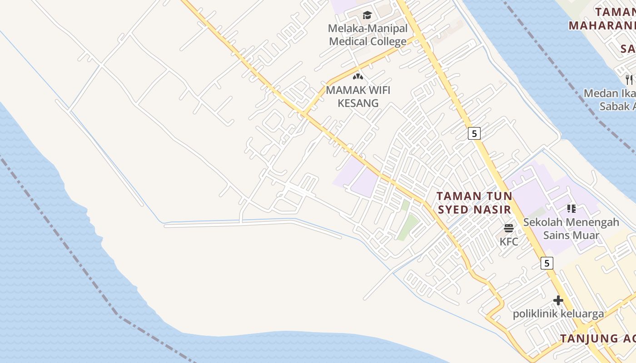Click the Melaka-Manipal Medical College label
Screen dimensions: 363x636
(368, 35)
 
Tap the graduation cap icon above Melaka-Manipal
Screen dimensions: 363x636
(367, 15)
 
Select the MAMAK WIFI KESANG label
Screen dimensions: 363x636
(358, 96)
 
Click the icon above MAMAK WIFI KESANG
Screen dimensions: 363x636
(358, 77)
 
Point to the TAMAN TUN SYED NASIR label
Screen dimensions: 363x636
(474, 203)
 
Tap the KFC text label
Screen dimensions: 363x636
(509, 242)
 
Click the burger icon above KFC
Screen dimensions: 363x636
(509, 228)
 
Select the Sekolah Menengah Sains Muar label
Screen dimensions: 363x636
(571, 229)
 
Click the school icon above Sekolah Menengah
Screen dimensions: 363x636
(571, 209)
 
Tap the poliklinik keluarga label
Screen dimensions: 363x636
(558, 314)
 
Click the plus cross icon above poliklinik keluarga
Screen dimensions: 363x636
(558, 300)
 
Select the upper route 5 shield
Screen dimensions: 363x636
(474, 133)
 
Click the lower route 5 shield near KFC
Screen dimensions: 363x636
(547, 263)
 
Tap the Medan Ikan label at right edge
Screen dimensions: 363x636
(609, 93)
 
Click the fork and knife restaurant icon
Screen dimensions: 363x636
(629, 80)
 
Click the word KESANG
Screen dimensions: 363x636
(358, 103)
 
